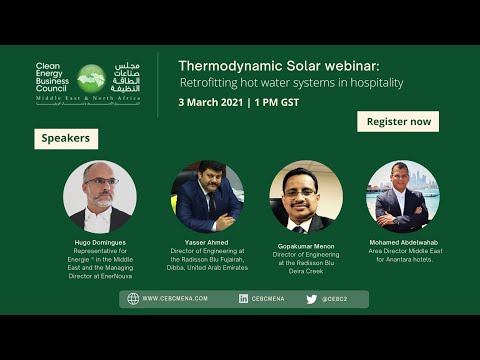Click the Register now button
(398, 121)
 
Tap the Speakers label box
(66, 138)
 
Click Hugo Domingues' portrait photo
(99, 196)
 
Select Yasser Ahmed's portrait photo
(207, 196)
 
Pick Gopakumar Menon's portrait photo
(306, 196)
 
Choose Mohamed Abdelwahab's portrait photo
(403, 196)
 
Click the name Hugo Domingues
(100, 243)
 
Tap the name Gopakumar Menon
(306, 244)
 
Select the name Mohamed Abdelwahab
(403, 243)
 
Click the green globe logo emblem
(92, 78)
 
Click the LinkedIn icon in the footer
(244, 298)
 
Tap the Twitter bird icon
(311, 298)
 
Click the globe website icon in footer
(133, 298)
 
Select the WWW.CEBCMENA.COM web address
(175, 298)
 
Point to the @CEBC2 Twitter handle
(334, 298)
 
